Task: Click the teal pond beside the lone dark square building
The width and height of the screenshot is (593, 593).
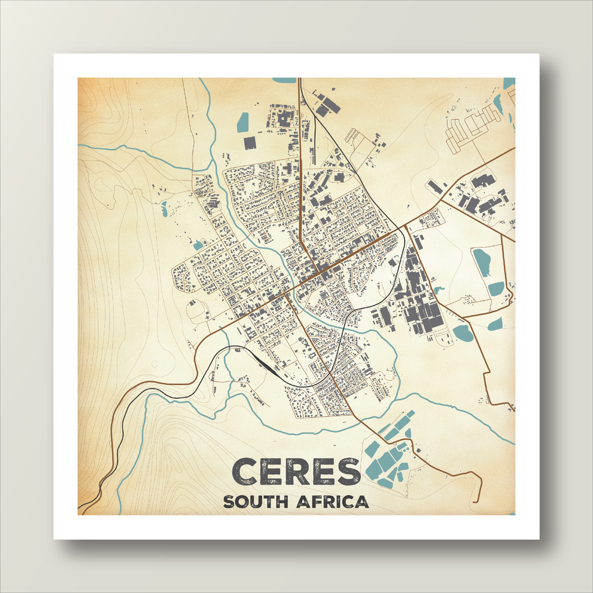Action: (x=243, y=122)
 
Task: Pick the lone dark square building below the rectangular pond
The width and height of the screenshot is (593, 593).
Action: (x=250, y=142)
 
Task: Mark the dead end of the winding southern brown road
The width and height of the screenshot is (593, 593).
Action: (x=477, y=502)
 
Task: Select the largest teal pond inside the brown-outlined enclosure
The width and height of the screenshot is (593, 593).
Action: (x=482, y=261)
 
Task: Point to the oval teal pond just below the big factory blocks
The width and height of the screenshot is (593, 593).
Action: (x=463, y=332)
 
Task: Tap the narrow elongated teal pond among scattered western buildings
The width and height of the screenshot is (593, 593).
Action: (x=164, y=208)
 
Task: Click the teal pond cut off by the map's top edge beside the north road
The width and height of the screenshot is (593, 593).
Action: (x=284, y=80)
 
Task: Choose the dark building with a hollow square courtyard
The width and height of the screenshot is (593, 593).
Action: (x=285, y=119)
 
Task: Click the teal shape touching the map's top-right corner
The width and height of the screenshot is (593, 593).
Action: (x=509, y=82)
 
